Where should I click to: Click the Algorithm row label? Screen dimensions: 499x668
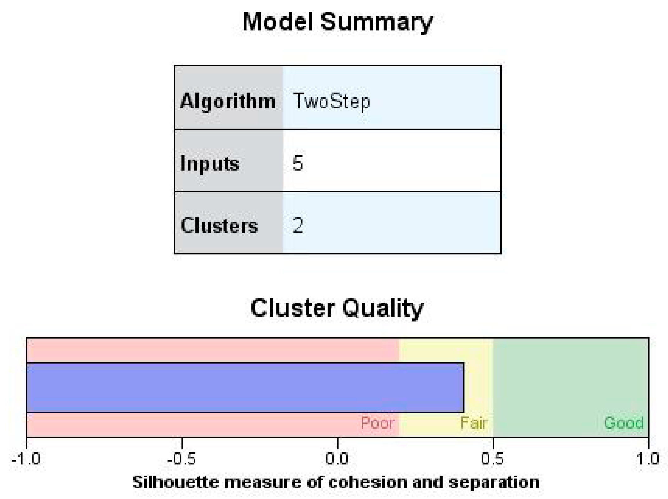click(x=228, y=101)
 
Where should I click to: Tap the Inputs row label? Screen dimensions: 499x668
click(x=210, y=163)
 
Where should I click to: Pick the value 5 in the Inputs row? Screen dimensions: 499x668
click(x=298, y=163)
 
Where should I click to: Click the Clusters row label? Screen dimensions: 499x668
click(x=219, y=225)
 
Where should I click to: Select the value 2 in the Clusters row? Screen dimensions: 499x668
click(x=298, y=225)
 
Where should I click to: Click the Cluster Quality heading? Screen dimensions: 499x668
click(x=337, y=308)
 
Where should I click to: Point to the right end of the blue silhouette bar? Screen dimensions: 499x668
click(x=463, y=388)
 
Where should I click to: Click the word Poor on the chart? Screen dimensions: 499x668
click(x=377, y=423)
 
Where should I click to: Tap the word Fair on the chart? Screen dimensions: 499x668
click(x=474, y=423)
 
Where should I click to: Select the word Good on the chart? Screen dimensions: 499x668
click(x=624, y=423)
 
